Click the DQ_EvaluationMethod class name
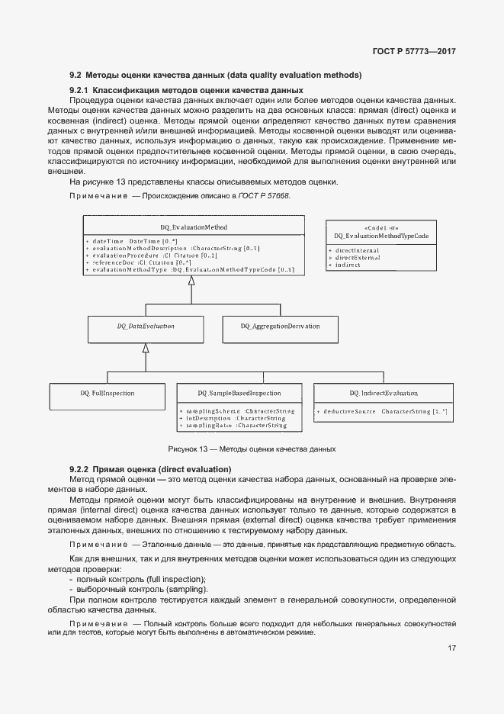194,227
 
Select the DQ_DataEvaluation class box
146,326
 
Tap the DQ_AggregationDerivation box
280,326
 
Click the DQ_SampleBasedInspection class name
239,394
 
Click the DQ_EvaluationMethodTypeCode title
381,236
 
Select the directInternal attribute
358,250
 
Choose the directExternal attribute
358,258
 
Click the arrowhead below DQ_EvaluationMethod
191,281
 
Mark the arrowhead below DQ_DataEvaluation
145,348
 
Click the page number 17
452,648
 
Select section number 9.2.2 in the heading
79,468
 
